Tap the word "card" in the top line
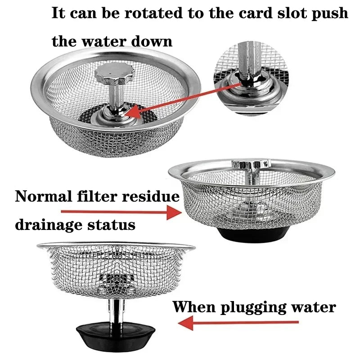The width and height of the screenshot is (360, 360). tap(247, 13)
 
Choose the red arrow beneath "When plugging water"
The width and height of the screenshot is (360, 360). tap(238, 322)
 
